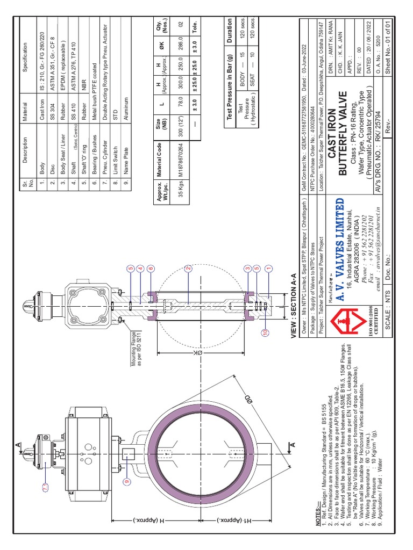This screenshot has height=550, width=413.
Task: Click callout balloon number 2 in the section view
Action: tap(189, 268)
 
